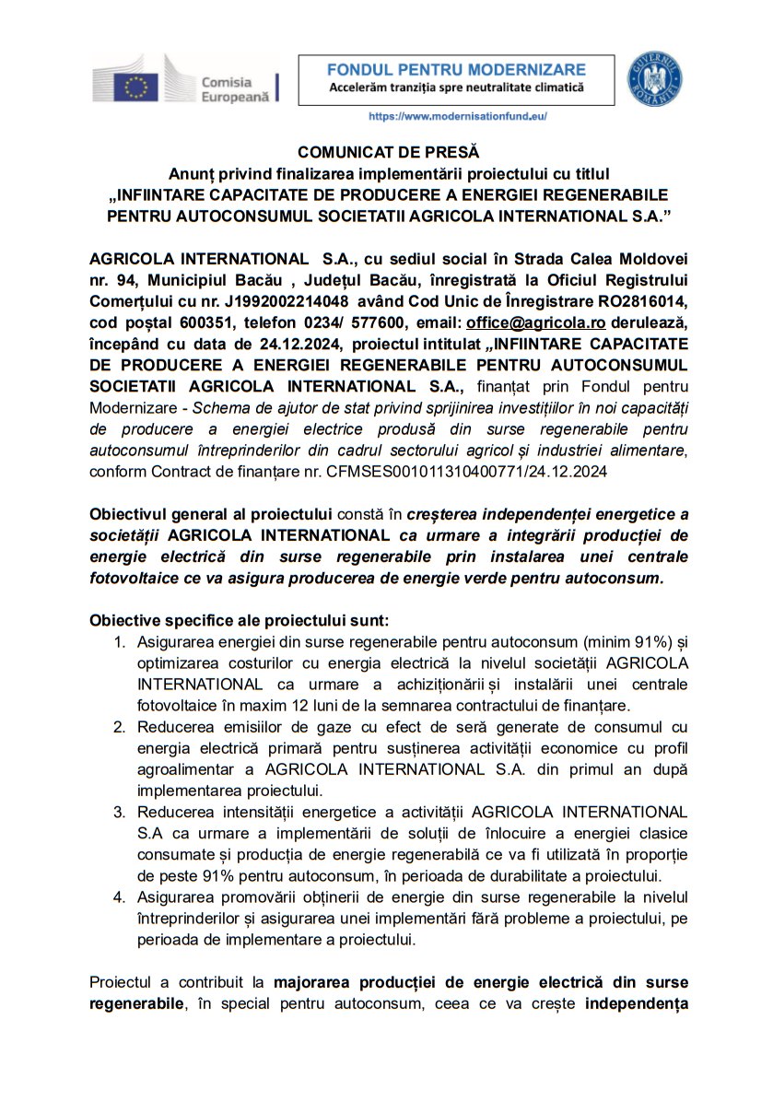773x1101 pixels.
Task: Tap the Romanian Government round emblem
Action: coord(654,79)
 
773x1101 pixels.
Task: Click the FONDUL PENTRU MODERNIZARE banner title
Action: coord(457,70)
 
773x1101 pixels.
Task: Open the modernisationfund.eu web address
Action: coord(457,117)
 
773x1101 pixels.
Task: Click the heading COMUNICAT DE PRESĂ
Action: coord(388,152)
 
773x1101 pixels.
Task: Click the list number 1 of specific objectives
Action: coord(118,642)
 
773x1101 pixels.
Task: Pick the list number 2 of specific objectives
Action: coord(118,728)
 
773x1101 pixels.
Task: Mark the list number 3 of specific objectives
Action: coord(118,813)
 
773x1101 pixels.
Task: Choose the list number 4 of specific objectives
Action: coord(118,897)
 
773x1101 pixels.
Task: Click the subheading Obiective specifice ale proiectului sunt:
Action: coord(240,620)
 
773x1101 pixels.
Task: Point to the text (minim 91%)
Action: coord(627,642)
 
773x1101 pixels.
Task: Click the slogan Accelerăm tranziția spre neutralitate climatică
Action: coord(457,88)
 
